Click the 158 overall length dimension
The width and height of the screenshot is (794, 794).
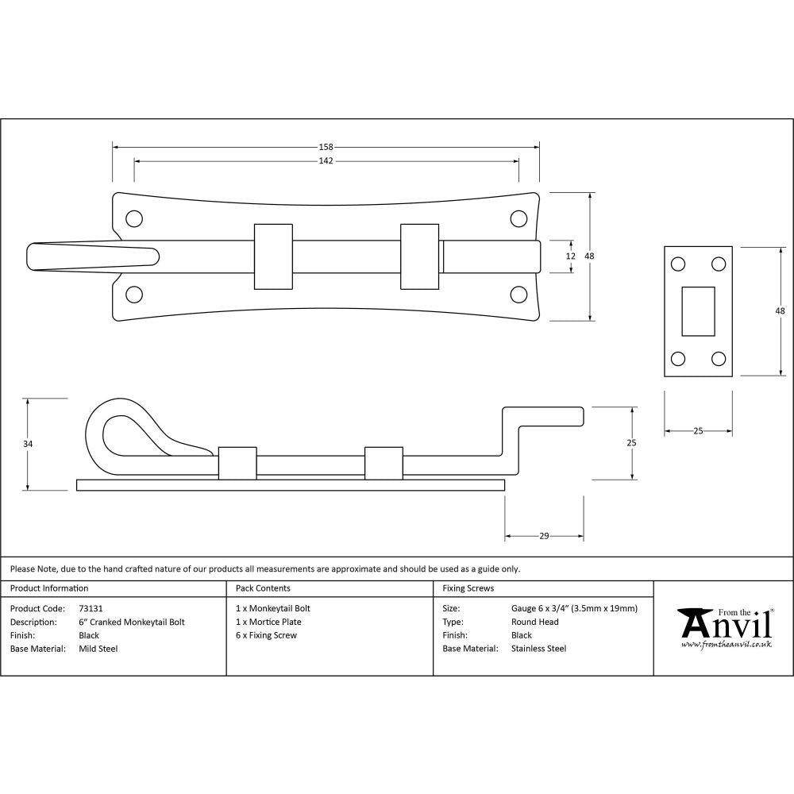[x=326, y=147]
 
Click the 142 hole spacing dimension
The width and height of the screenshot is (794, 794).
[x=326, y=160]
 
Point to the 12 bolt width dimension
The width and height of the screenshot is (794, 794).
[x=569, y=256]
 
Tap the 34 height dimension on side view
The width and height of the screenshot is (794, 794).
[x=28, y=444]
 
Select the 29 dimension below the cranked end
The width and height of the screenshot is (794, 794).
[x=544, y=537]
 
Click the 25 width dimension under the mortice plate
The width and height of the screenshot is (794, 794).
[x=698, y=431]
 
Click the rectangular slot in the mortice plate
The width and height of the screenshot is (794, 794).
[x=698, y=310]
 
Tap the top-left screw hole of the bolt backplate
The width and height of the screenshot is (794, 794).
[x=134, y=218]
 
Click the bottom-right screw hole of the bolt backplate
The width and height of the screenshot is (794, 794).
[x=518, y=295]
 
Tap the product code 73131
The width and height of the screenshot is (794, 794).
[x=91, y=608]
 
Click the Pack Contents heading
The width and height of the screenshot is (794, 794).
[x=263, y=588]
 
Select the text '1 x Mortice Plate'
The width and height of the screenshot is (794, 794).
[x=268, y=622]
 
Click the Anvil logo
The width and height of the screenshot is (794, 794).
[x=724, y=627]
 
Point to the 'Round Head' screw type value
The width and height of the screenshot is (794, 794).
[x=535, y=622]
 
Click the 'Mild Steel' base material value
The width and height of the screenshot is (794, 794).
[x=98, y=649]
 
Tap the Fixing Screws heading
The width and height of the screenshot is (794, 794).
[x=468, y=588]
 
